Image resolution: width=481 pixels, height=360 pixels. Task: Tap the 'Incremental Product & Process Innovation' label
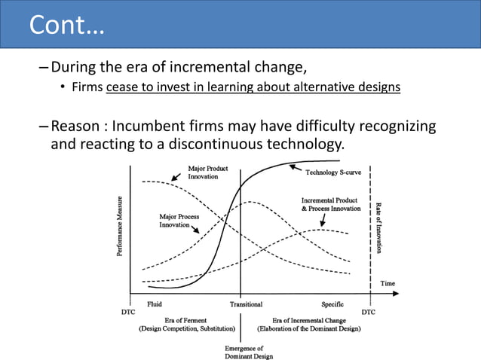click(331, 204)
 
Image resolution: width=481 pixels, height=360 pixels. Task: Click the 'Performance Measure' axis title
click(119, 226)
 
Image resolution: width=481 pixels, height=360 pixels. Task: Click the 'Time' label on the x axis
click(388, 284)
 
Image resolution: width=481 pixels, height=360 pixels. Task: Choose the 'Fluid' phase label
click(155, 304)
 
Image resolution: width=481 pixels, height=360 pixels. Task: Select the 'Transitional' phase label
click(247, 304)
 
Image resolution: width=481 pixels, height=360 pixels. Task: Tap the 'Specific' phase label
click(332, 304)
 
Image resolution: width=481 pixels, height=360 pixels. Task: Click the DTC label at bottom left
click(129, 310)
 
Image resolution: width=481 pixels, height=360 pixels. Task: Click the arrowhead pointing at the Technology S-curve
click(293, 166)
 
